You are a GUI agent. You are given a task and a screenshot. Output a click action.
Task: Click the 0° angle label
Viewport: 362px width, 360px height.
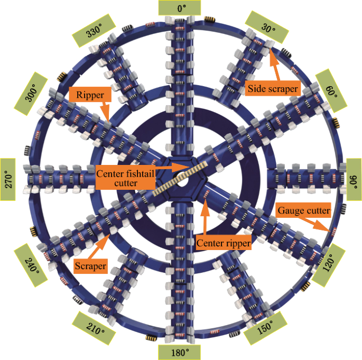click(180, 8)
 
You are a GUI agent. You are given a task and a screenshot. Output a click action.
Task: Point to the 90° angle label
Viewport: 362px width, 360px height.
click(353, 180)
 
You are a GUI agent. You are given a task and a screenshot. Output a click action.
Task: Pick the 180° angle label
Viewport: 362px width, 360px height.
click(180, 352)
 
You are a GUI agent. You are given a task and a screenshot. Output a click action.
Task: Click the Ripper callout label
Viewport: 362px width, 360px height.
click(89, 95)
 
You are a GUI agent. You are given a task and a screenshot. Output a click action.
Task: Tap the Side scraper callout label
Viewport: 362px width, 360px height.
click(273, 89)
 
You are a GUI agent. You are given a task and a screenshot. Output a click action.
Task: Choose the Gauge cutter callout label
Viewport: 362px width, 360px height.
click(304, 211)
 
